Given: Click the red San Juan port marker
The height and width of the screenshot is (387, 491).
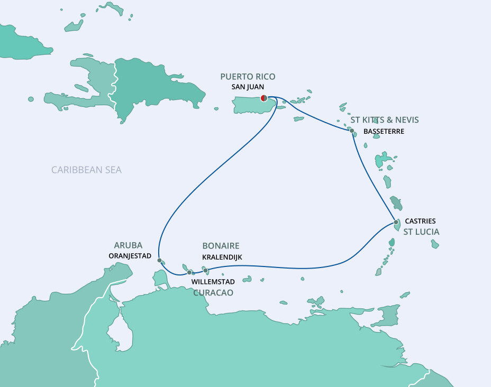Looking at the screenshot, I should [x=263, y=98].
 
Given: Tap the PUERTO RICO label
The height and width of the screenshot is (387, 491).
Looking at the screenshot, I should [x=248, y=77].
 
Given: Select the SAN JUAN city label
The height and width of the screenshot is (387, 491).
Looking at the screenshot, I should [x=248, y=87].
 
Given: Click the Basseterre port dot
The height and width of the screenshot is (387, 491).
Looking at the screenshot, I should [x=351, y=130].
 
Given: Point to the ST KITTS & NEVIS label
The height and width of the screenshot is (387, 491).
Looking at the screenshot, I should [x=384, y=120].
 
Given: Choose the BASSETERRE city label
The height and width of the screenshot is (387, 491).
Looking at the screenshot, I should [x=384, y=131].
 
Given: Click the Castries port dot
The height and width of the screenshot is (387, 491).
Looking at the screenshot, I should [x=396, y=222].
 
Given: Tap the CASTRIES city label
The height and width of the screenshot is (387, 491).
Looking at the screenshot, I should [x=420, y=221].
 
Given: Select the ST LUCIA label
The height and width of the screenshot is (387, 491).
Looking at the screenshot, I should [x=421, y=232].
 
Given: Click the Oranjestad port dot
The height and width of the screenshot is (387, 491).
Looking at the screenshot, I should [x=159, y=260].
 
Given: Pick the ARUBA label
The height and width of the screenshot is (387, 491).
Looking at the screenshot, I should [x=128, y=245].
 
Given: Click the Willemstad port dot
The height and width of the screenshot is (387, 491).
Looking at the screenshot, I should [x=189, y=272].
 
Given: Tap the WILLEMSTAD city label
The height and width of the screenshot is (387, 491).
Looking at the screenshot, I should [x=213, y=282].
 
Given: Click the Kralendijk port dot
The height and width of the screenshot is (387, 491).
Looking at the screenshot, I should [x=205, y=270].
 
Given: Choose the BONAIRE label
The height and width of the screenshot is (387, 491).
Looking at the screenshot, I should [x=221, y=246].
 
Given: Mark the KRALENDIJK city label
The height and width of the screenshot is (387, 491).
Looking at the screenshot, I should [x=222, y=256].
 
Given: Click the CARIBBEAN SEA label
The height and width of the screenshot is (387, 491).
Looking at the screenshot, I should [x=86, y=170].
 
